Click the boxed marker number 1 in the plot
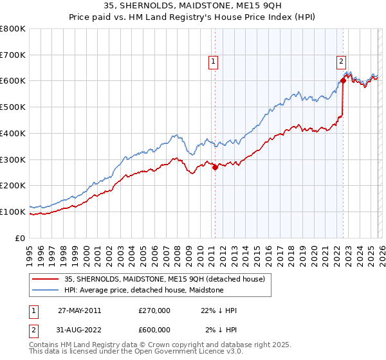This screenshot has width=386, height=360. click(213, 62)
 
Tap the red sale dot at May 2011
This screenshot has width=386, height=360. click(215, 167)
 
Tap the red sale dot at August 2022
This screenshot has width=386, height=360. click(343, 81)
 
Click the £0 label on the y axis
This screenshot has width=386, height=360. click(20, 238)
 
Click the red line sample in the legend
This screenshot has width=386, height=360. click(46, 279)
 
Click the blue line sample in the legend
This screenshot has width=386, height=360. click(46, 290)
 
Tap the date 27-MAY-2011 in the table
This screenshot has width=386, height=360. click(79, 310)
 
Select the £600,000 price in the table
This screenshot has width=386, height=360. click(154, 330)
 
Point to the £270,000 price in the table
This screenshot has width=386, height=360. click(154, 310)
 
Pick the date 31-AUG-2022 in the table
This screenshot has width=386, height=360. click(79, 330)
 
